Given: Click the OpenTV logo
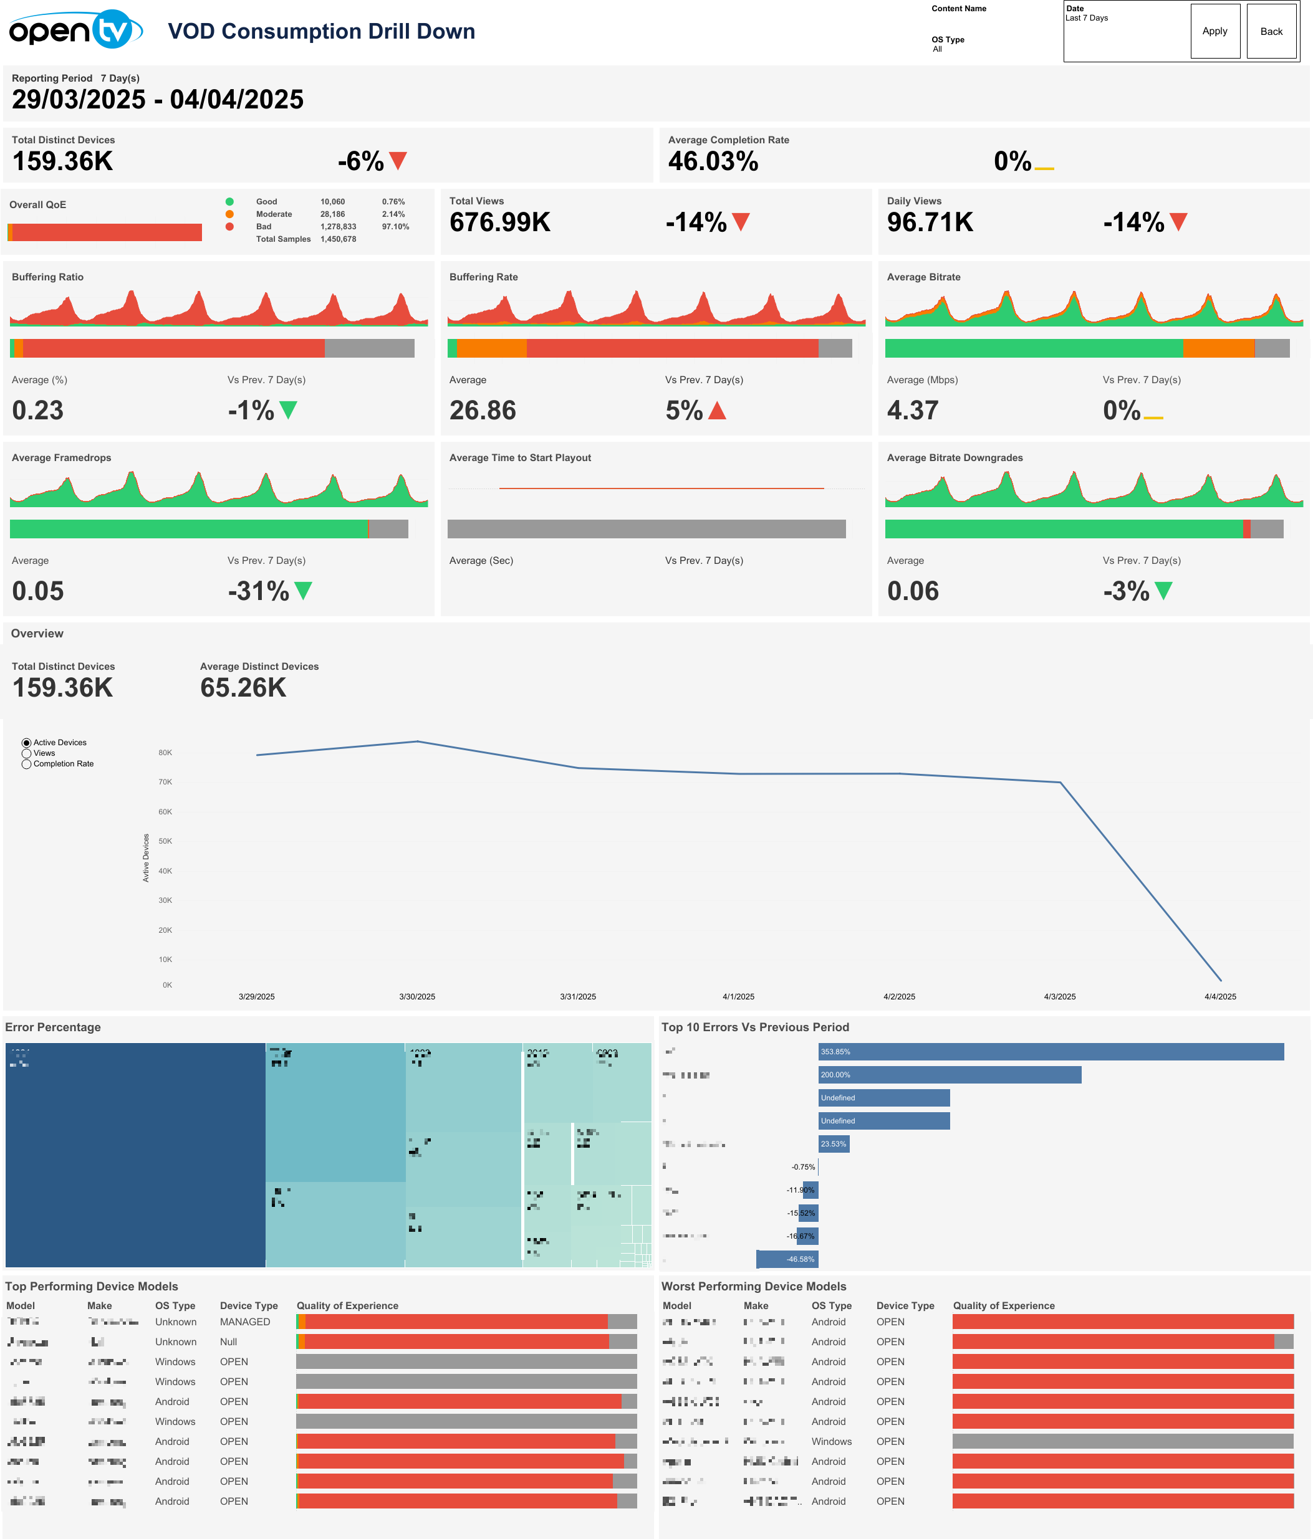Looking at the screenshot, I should coord(75,30).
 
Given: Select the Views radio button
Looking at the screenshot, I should coord(27,753).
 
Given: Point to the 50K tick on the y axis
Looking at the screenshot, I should coord(165,841).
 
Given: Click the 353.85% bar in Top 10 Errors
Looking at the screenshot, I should coord(1050,1052).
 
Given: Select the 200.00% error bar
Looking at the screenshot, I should coord(949,1075).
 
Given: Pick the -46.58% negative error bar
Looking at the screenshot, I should coord(786,1259).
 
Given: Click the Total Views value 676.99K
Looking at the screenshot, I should coord(499,222).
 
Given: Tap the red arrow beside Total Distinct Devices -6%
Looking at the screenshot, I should coord(398,160).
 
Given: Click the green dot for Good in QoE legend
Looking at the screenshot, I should coord(229,201).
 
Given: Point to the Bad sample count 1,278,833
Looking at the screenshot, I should coord(338,227).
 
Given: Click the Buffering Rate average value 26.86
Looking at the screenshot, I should coord(483,410).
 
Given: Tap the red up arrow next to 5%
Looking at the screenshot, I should coord(716,410).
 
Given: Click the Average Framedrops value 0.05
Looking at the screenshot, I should coord(38,591).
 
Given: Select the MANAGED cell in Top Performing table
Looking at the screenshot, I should coord(244,1322).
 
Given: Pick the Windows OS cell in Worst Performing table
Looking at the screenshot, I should coord(830,1441).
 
